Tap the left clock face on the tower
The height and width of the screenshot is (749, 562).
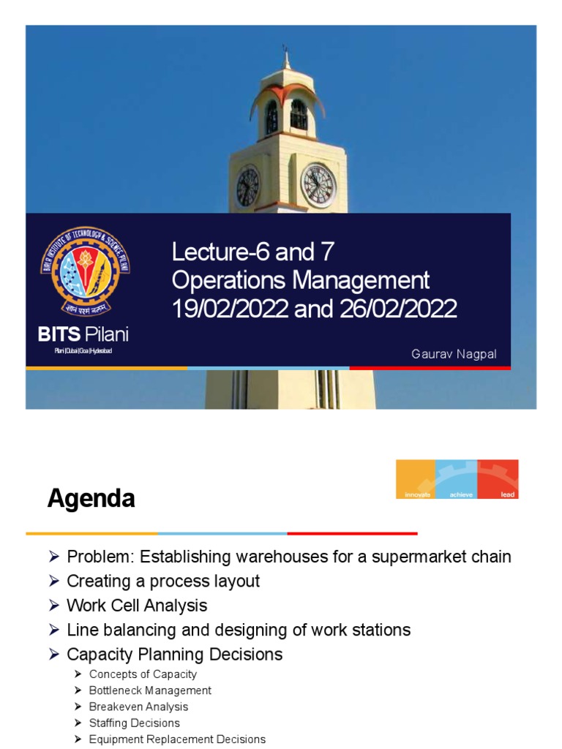247,186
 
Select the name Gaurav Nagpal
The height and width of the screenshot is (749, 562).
454,354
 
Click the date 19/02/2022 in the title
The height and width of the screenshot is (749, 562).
230,309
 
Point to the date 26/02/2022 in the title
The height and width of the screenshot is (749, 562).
399,309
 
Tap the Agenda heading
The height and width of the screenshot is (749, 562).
91,499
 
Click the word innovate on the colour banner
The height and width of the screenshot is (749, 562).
416,494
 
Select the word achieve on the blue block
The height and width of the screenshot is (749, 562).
457,494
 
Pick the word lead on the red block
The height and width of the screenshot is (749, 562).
507,494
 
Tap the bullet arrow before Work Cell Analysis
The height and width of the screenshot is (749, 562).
53,606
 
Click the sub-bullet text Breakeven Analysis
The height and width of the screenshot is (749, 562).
138,707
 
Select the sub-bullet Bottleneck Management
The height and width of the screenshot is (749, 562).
150,690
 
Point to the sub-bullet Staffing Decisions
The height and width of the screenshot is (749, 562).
134,723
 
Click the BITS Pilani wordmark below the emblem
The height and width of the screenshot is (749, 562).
83,335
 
